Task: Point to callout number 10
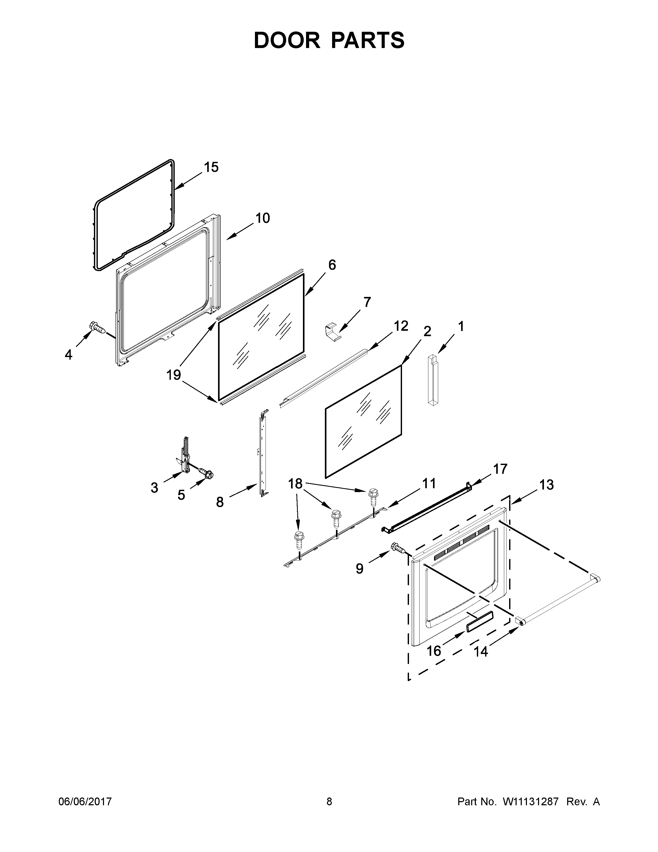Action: (262, 218)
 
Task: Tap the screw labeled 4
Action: (98, 328)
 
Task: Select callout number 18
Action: (295, 484)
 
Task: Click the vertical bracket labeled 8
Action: (262, 453)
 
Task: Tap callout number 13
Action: (547, 485)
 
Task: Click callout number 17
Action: (501, 469)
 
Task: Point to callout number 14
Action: (481, 651)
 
